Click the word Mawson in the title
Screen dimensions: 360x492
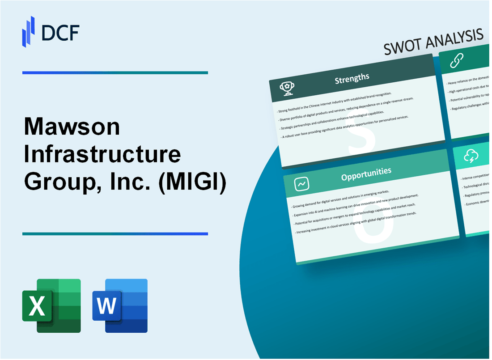click(x=72, y=128)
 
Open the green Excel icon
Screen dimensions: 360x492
click(x=51, y=305)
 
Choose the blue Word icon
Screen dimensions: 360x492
click(x=120, y=305)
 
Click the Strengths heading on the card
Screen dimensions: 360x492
click(x=352, y=79)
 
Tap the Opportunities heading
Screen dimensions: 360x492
click(x=366, y=171)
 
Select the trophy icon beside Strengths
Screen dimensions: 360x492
click(x=287, y=89)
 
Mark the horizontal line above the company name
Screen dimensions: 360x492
click(x=115, y=72)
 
